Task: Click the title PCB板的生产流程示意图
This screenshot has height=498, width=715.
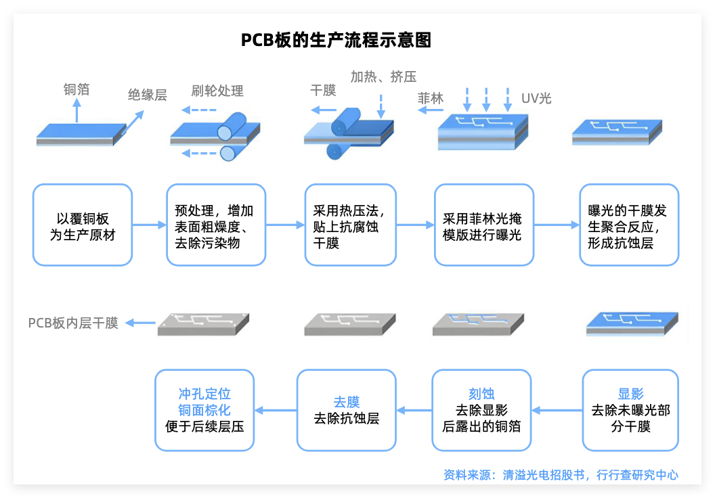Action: [x=336, y=40]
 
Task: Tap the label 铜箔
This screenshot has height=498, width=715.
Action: [x=77, y=89]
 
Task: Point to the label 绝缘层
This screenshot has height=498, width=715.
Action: [x=148, y=95]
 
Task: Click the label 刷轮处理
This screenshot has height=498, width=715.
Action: [x=217, y=91]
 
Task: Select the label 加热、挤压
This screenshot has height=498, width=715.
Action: [x=383, y=76]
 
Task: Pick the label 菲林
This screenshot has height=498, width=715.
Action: [x=431, y=98]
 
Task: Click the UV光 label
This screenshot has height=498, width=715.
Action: [x=536, y=99]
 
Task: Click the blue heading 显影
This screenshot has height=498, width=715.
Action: [x=630, y=394]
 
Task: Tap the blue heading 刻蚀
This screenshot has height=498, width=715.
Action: [x=482, y=394]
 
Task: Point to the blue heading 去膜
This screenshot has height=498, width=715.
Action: [x=347, y=403]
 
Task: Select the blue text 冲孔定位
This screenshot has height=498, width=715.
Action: [x=204, y=394]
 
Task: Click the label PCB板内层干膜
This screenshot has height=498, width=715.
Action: [x=73, y=323]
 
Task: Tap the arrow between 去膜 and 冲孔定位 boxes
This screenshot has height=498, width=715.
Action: [x=275, y=410]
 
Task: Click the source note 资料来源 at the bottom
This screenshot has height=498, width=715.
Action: [x=561, y=475]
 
